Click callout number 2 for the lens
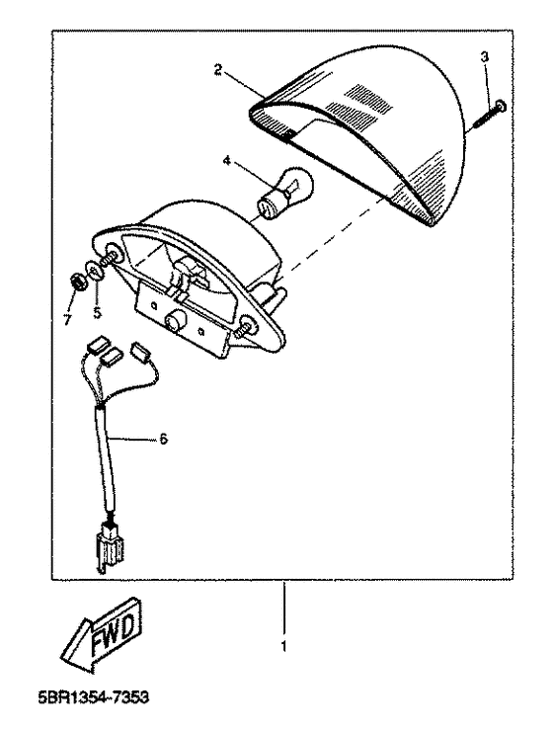coord(218,70)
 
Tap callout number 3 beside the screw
coord(485,57)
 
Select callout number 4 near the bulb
coord(227,160)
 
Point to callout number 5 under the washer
coord(97,312)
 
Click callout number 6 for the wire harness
coord(163,439)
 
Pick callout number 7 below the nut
coord(68,320)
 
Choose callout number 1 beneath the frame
coord(283,646)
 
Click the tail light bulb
coord(285,193)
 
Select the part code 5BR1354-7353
coord(94,697)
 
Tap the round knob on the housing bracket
coord(175,322)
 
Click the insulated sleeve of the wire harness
coord(106,459)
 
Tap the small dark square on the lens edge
coord(288,135)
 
